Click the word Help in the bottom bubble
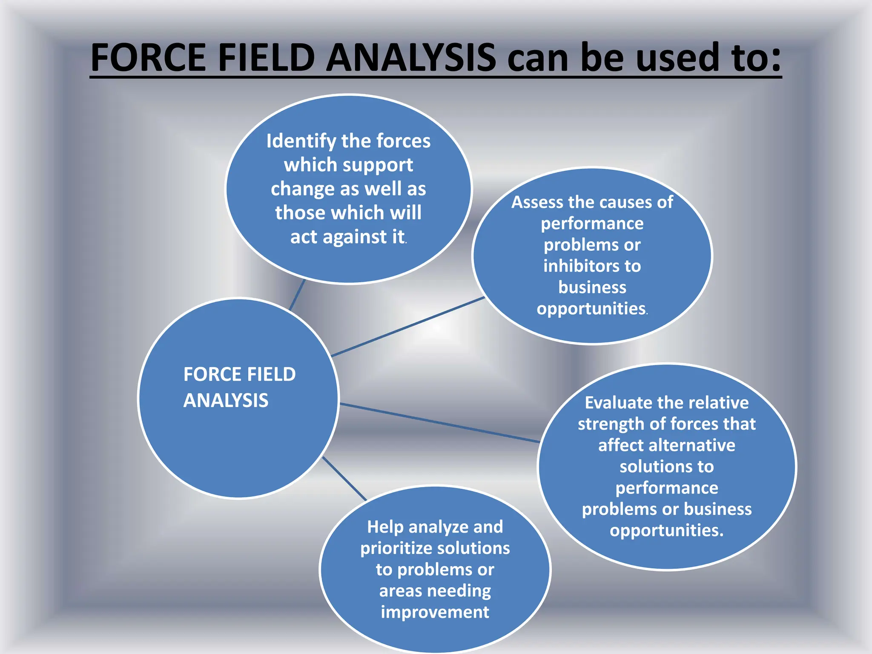[x=385, y=527]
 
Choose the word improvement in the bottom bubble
[x=435, y=612]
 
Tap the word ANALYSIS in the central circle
[x=226, y=401]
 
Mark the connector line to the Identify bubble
[x=297, y=295]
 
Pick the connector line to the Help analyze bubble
[x=344, y=479]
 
